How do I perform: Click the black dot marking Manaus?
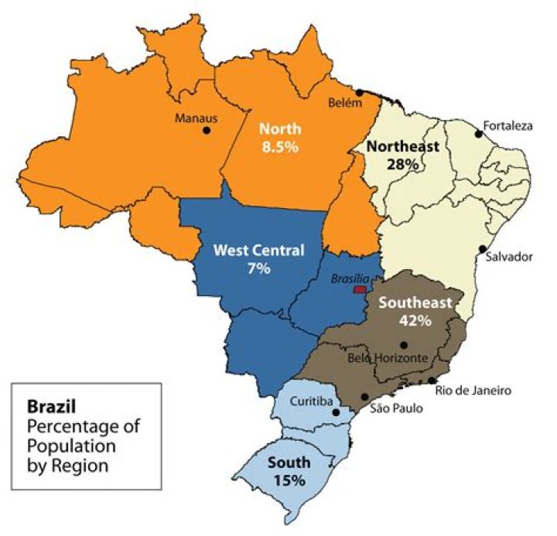coord(207,131)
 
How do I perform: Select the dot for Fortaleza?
coord(479,134)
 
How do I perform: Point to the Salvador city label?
coord(511,258)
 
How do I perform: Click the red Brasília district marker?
coord(359,289)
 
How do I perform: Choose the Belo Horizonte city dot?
coord(403,345)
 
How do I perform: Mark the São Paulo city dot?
coord(364,397)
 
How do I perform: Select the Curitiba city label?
coord(309,401)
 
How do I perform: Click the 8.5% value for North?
coord(279,147)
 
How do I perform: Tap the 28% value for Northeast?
coord(403,164)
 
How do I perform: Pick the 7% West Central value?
coord(258,268)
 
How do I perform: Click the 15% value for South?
coord(289,480)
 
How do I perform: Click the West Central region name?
coord(258,251)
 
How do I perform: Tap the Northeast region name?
coord(403,146)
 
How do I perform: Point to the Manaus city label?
coord(197,118)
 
